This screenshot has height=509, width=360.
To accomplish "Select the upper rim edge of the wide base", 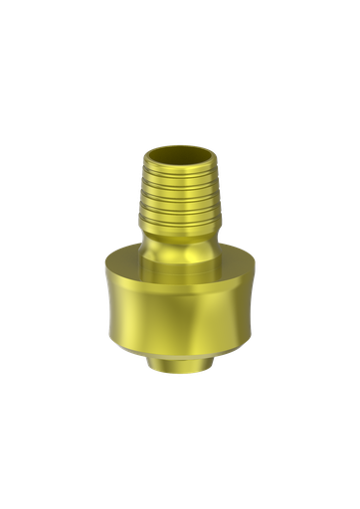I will click(x=179, y=266).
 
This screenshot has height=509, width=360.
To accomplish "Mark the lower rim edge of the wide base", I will click(x=179, y=348).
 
